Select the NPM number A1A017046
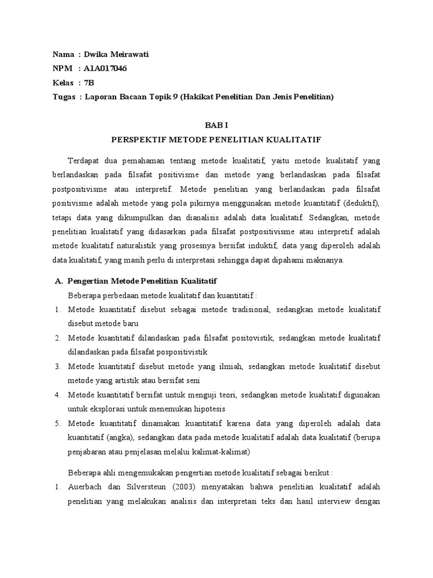click(x=106, y=68)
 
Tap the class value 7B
click(x=89, y=82)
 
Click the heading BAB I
click(x=216, y=125)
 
